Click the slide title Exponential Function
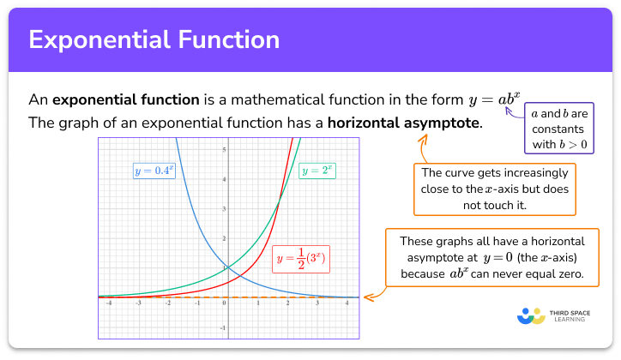click(154, 39)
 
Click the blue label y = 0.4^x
click(154, 171)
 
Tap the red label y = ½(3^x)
click(302, 257)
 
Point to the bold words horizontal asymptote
click(403, 123)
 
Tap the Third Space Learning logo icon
click(532, 316)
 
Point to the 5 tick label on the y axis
click(224, 150)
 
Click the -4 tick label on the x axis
click(108, 303)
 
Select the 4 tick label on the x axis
click(346, 303)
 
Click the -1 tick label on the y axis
click(223, 327)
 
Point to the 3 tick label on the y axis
click(224, 208)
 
